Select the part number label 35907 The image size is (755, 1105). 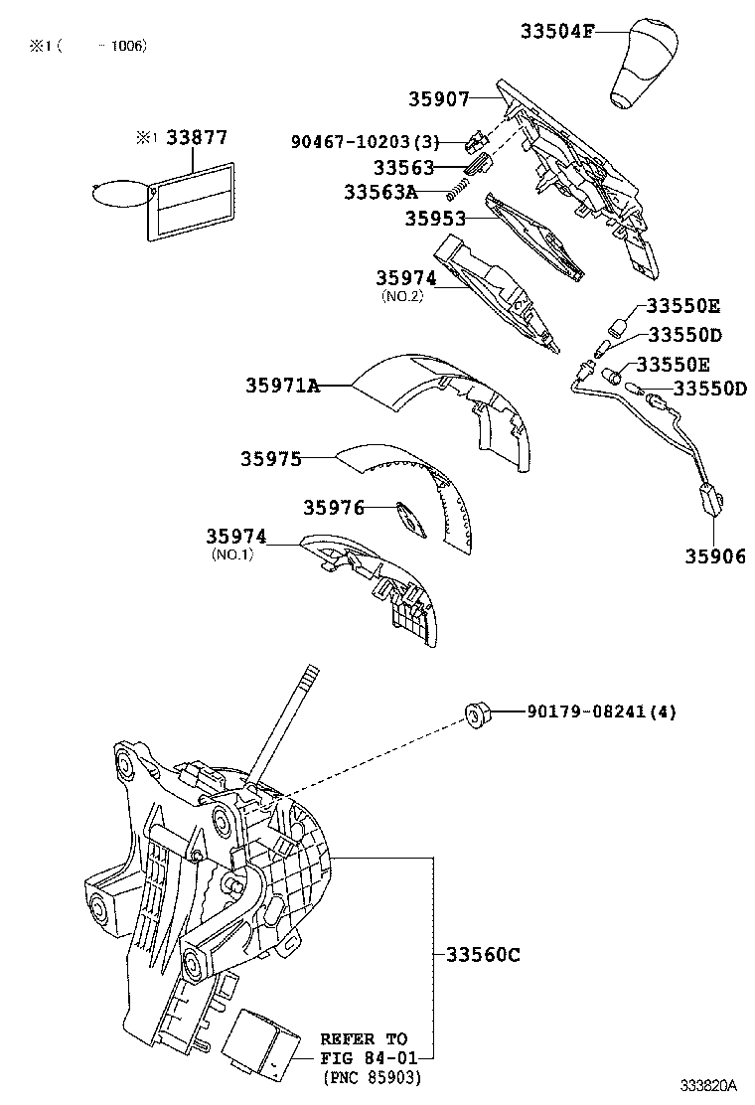[x=437, y=99]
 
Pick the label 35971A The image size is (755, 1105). [x=282, y=386]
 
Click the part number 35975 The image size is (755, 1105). [x=269, y=458]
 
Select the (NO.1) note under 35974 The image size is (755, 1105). [x=232, y=554]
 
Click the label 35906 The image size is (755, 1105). [x=713, y=555]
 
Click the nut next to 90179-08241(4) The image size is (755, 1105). [x=480, y=712]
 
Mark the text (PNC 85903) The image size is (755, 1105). [x=371, y=1076]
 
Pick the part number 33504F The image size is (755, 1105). [x=556, y=32]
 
